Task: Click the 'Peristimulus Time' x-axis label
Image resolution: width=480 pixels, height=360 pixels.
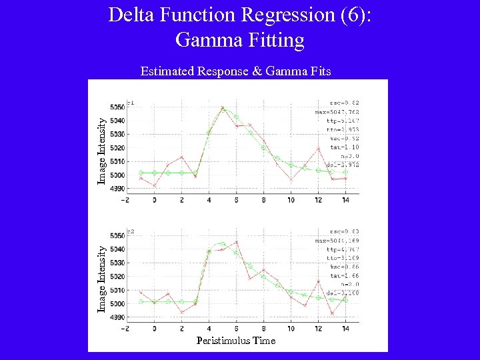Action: click(235, 341)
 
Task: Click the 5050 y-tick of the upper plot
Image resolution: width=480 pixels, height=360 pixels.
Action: click(117, 107)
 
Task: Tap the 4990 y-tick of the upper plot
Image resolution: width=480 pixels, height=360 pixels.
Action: click(117, 189)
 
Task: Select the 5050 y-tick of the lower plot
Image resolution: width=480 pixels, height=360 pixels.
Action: click(117, 235)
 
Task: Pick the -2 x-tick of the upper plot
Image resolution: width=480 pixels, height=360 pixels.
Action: click(126, 200)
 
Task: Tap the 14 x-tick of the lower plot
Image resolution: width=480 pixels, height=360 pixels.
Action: click(345, 329)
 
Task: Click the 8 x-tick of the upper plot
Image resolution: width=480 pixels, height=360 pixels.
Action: click(263, 200)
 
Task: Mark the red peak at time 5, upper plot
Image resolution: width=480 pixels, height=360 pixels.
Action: click(223, 107)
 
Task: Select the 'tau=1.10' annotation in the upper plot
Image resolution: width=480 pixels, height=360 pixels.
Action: click(346, 147)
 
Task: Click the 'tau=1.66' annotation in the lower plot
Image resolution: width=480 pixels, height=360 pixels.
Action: click(346, 275)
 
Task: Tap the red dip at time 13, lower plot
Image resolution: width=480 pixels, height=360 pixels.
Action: click(332, 313)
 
